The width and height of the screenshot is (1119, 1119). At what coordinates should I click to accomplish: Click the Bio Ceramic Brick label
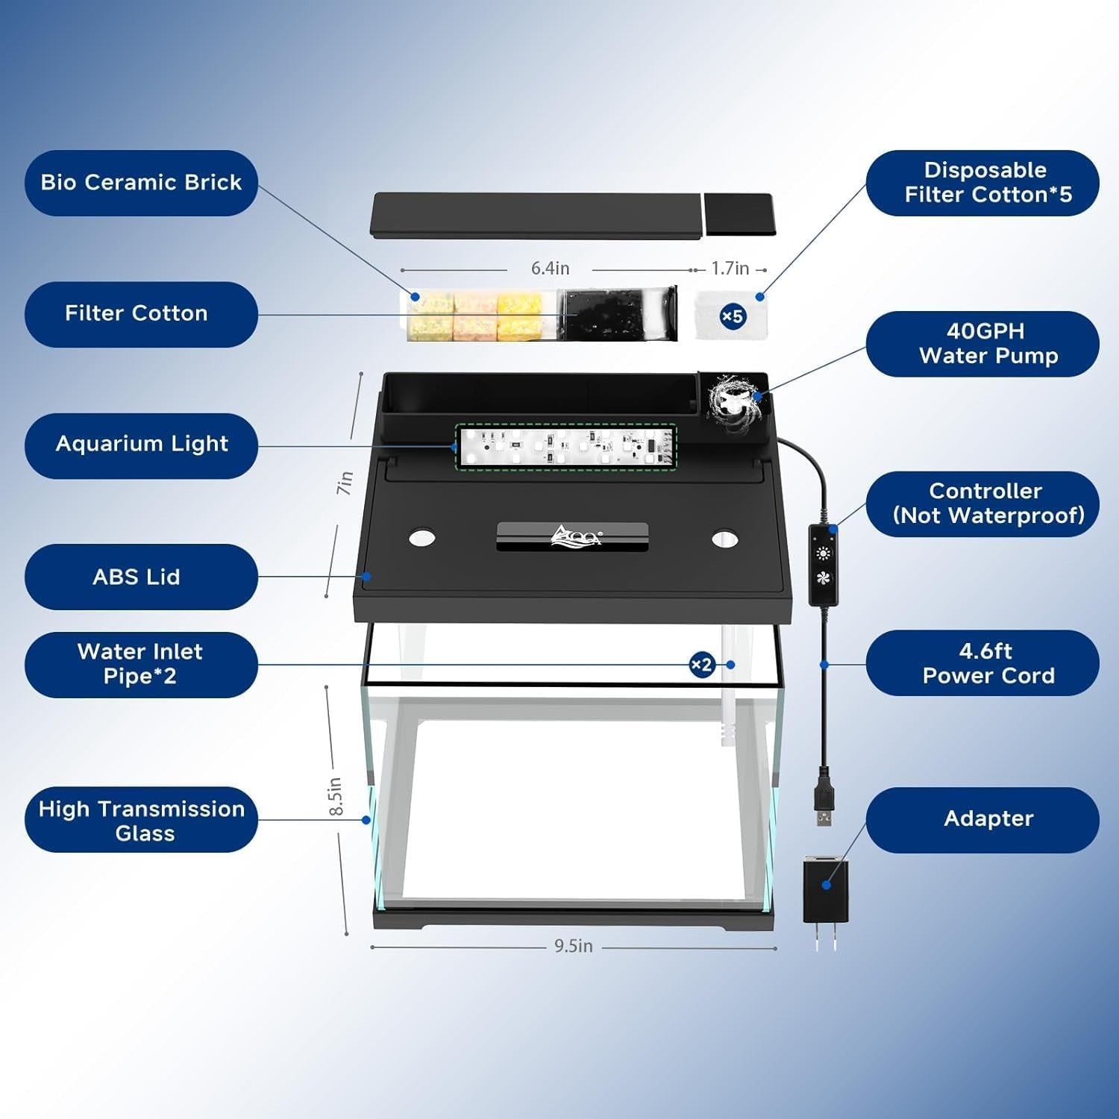[x=141, y=183]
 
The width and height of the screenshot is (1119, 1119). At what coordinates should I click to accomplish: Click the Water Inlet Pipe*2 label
[x=141, y=665]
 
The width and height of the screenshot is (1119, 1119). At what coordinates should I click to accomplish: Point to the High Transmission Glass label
[x=141, y=820]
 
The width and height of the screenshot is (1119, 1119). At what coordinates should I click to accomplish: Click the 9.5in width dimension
[x=573, y=946]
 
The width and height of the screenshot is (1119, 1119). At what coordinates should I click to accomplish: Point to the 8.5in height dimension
[x=336, y=796]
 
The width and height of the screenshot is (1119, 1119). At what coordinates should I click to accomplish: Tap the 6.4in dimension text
[x=550, y=269]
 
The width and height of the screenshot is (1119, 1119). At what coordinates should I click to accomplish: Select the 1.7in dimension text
[x=730, y=269]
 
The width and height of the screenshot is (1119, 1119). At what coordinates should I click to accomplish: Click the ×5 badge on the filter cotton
[x=732, y=316]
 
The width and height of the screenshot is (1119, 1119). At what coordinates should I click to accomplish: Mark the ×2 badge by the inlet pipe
[x=701, y=665]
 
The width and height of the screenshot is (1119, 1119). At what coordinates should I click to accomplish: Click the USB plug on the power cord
[x=823, y=807]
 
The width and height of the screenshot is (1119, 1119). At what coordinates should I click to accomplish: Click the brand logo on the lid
[x=574, y=536]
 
